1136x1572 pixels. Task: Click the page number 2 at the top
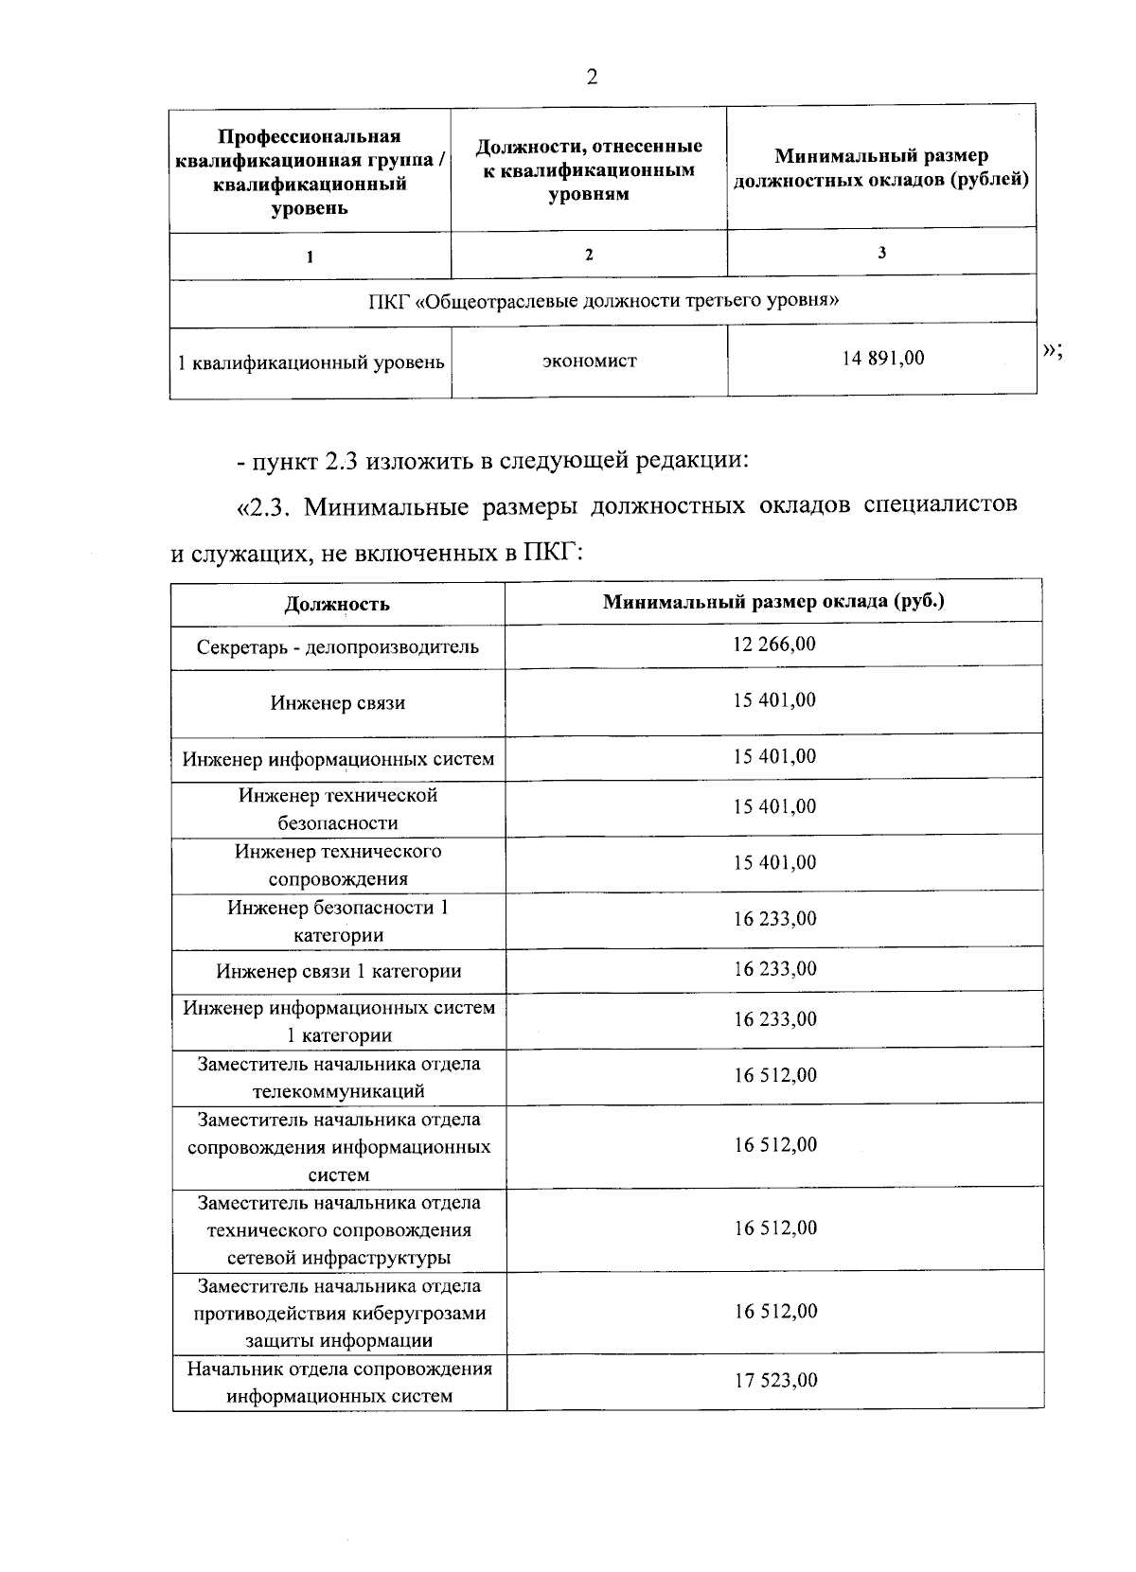click(x=592, y=78)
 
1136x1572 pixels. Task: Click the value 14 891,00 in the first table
click(x=883, y=358)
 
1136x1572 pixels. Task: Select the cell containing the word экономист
click(x=589, y=361)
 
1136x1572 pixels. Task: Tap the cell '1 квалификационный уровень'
click(x=311, y=362)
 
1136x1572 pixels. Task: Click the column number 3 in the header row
click(x=881, y=252)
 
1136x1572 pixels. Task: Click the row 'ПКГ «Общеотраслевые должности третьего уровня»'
click(x=603, y=301)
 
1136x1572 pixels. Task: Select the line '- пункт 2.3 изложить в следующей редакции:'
click(x=492, y=462)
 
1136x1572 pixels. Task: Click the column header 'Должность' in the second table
click(x=337, y=604)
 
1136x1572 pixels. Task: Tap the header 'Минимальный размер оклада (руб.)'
click(x=773, y=601)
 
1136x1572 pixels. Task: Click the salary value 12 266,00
click(x=773, y=645)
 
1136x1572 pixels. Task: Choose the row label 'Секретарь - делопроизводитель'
click(x=337, y=647)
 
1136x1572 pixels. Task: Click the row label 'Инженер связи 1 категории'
click(x=338, y=971)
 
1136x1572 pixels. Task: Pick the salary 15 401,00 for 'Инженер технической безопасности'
click(x=773, y=806)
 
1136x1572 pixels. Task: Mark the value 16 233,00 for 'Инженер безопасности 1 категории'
click(x=773, y=919)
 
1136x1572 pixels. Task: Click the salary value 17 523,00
click(x=775, y=1380)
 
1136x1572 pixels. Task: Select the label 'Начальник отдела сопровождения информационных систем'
click(x=339, y=1383)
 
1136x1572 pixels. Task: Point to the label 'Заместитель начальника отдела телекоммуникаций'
click(x=339, y=1077)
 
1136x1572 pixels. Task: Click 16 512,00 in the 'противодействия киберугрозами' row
click(x=775, y=1311)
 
